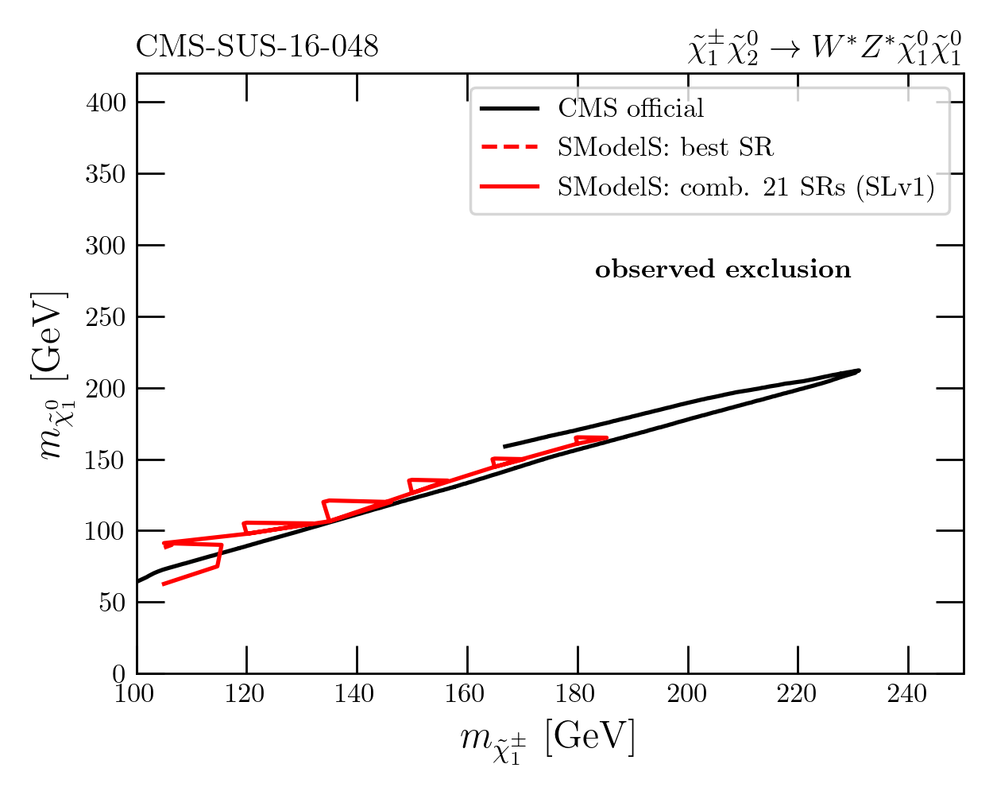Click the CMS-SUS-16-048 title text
point(257,47)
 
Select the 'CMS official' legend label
point(631,108)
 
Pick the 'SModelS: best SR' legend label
point(665,147)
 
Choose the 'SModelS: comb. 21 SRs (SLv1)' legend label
point(746,187)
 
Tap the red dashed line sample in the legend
point(510,147)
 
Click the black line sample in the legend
point(510,108)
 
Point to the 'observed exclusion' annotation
point(723,270)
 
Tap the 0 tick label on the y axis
point(118,673)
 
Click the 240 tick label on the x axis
point(908,694)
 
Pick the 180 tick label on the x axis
point(577,694)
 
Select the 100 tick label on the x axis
point(137,694)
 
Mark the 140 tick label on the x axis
point(357,694)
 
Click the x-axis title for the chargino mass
point(548,739)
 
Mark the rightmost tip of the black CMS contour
point(860,370)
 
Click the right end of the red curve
point(607,437)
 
